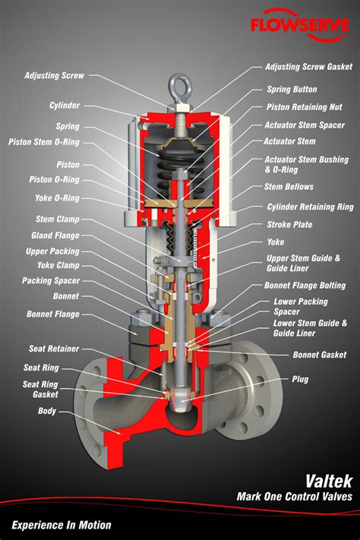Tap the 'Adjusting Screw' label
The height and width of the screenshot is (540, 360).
(x=54, y=76)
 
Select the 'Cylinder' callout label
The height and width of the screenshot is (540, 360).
(x=65, y=105)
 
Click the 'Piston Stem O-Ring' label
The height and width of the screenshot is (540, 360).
(x=43, y=141)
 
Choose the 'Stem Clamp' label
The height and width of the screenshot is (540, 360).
(x=59, y=219)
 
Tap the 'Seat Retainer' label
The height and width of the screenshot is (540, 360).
(x=54, y=349)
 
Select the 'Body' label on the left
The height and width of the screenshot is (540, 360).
(x=47, y=411)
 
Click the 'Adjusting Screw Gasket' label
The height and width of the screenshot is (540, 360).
(x=308, y=67)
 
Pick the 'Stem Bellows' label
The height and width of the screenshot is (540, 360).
(x=289, y=186)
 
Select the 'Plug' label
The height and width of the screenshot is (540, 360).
(x=301, y=378)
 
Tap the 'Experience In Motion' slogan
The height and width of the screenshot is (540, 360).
(x=62, y=525)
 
